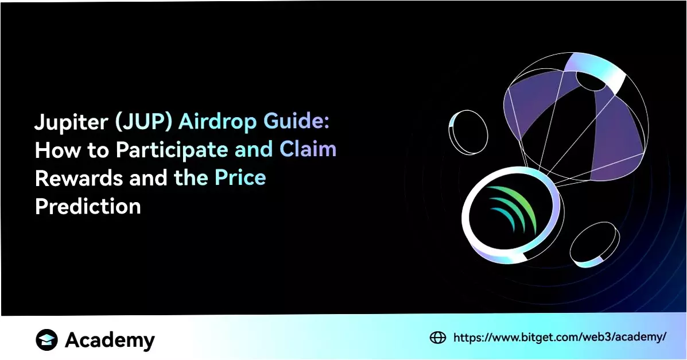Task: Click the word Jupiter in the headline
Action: pos(71,122)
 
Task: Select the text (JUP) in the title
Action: pos(143,122)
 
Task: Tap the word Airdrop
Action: pos(218,122)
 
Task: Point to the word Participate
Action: pos(172,150)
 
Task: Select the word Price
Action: pos(240,177)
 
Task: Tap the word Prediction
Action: pos(88,206)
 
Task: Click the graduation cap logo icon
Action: pos(47,339)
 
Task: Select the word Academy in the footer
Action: pos(110,340)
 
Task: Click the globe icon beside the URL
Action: pos(438,337)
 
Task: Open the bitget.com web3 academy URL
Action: pos(560,337)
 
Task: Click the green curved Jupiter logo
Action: pos(514,209)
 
